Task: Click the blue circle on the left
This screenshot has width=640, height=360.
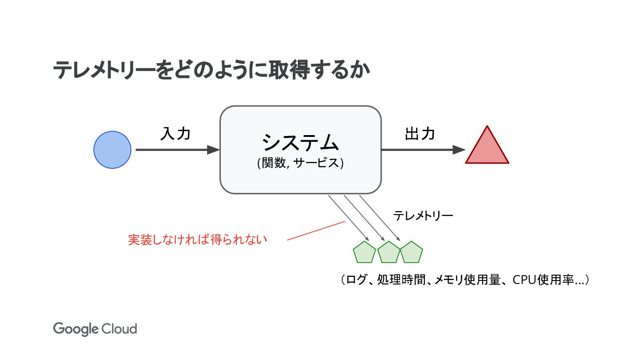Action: pos(112,150)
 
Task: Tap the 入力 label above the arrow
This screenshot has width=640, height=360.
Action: pos(176,133)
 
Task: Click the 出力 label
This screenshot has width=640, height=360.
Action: pos(420,133)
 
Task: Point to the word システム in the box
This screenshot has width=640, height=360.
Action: pos(300,143)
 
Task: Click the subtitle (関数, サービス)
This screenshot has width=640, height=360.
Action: pos(300,163)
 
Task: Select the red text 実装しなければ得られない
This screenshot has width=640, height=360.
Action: pos(198,240)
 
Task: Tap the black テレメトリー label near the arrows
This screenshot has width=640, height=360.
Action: pos(423,216)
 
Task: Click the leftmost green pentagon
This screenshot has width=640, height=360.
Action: pos(364,253)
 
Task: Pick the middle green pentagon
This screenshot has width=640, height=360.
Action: pos(389,253)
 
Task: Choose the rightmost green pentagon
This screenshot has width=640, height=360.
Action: pos(412,253)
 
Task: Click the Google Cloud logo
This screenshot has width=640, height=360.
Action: pos(95,329)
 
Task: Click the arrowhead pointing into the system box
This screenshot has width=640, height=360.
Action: pos(214,150)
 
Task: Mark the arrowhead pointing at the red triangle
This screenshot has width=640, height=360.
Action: pos(459,150)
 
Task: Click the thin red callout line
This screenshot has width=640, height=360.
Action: pos(316,231)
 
